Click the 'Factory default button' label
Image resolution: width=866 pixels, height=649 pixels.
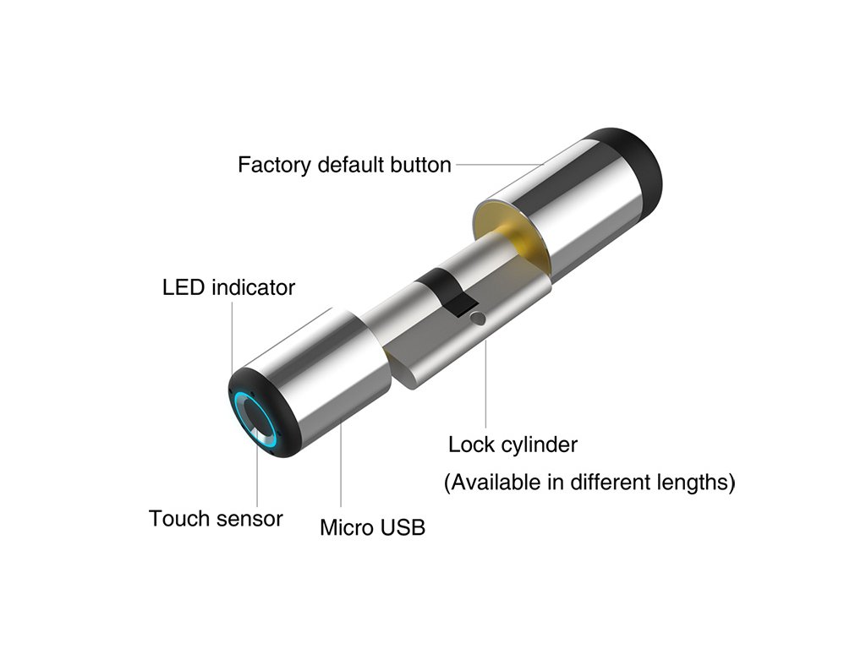tap(344, 164)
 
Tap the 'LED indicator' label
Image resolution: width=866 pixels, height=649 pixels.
tap(228, 287)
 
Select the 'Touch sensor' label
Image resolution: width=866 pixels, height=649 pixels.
tap(216, 517)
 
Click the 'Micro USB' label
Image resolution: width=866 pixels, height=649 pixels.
tap(372, 528)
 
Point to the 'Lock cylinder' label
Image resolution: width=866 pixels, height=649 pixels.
tap(512, 444)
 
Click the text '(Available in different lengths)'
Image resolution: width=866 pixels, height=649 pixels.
tap(589, 483)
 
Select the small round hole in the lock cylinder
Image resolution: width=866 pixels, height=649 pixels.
tap(479, 319)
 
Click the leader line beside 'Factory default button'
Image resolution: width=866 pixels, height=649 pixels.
tap(499, 164)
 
